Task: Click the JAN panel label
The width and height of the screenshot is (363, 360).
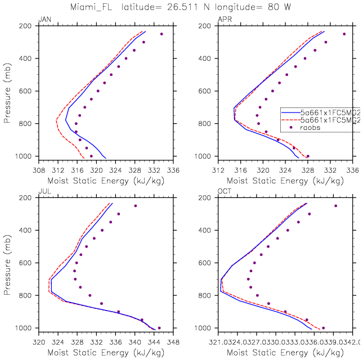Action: (43, 20)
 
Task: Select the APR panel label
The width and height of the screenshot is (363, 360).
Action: (223, 20)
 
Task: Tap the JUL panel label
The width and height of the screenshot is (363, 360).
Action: (43, 192)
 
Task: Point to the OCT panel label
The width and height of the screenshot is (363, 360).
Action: (224, 192)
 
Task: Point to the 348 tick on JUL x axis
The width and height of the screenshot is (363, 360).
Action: (173, 340)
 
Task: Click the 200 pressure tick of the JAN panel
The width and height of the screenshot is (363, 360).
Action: (26, 26)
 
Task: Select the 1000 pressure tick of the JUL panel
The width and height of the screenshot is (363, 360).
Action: (25, 328)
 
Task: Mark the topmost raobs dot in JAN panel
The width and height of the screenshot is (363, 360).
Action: (162, 34)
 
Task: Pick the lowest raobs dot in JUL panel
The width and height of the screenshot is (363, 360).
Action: (159, 328)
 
